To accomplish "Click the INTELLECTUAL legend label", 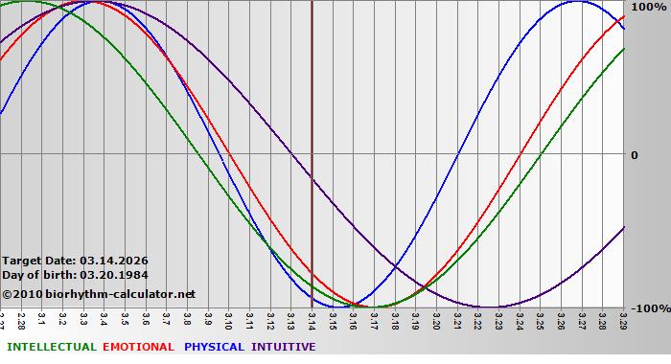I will click(51, 347).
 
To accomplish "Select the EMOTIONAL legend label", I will click(138, 347).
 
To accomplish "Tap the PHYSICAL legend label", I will click(214, 347).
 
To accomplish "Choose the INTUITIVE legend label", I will click(284, 347).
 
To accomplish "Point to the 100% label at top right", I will click(648, 7).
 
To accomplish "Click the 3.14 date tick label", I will click(312, 317).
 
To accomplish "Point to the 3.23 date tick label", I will click(498, 317).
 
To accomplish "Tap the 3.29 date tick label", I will click(623, 317).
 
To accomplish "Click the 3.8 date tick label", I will click(187, 317).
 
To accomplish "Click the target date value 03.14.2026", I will click(114, 261).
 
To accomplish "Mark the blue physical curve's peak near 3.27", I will click(576, 1).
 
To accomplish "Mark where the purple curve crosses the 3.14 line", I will click(312, 179).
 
